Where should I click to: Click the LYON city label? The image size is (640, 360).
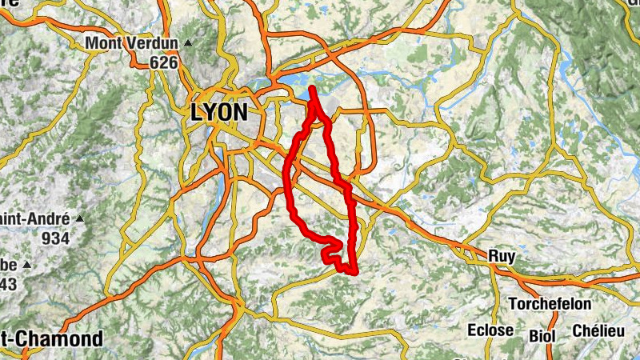pyautogui.click(x=218, y=112)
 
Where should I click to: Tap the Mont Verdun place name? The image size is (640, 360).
pyautogui.click(x=132, y=42)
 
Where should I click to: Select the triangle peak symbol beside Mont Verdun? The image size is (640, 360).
pyautogui.click(x=188, y=42)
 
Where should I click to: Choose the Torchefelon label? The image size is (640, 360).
pyautogui.click(x=550, y=304)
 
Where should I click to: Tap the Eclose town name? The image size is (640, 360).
pyautogui.click(x=491, y=330)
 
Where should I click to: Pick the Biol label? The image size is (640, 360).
pyautogui.click(x=541, y=334)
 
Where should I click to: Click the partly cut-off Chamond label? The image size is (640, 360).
pyautogui.click(x=51, y=338)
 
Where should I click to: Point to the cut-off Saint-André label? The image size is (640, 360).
pyautogui.click(x=32, y=218)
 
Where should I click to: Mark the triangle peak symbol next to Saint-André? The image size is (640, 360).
pyautogui.click(x=79, y=218)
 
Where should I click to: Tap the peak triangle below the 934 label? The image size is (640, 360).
pyautogui.click(x=26, y=264)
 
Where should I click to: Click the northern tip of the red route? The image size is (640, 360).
pyautogui.click(x=310, y=88)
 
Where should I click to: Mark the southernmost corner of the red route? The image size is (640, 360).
pyautogui.click(x=352, y=273)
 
